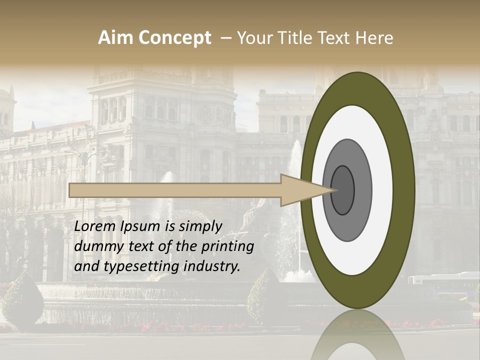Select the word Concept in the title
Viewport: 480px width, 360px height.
click(174, 38)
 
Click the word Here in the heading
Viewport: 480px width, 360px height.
click(374, 38)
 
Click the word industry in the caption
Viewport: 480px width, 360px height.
click(212, 266)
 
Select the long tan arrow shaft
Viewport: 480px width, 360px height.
click(175, 190)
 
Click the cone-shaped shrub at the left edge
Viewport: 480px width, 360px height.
click(23, 300)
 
